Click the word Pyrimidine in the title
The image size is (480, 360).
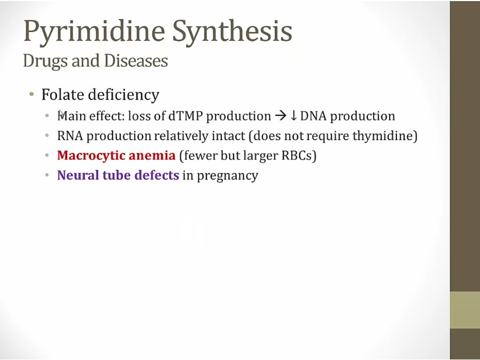[x=94, y=32]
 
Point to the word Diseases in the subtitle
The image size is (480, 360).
[x=136, y=60]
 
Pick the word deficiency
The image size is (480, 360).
[x=124, y=95]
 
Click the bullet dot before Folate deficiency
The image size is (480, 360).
[x=31, y=94]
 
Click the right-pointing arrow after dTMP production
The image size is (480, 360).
[x=281, y=116]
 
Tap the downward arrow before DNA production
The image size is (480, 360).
[x=293, y=116]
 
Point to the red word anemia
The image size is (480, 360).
[x=152, y=156]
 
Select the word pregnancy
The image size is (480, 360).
[x=227, y=176]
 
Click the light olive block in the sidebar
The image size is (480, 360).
[x=465, y=310]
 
